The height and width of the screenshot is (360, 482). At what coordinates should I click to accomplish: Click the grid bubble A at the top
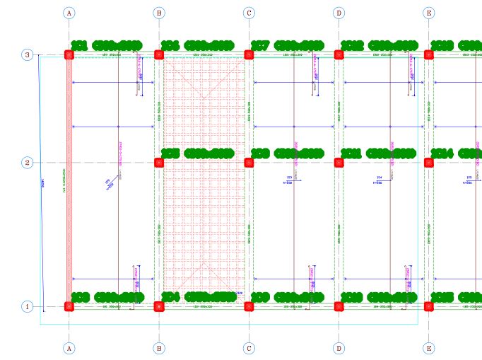69,13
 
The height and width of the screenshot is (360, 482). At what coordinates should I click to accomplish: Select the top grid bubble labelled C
249,13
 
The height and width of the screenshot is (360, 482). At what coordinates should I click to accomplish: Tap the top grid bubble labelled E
429,13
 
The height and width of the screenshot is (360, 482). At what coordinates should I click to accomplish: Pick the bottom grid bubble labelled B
159,348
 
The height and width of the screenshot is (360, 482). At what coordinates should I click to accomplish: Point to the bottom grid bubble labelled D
339,348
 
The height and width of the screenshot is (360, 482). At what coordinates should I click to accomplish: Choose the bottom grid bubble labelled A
69,348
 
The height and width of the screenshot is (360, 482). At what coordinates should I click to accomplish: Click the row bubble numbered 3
27,55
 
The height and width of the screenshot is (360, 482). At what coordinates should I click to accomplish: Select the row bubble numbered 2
27,163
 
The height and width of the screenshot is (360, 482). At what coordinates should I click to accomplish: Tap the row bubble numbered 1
27,307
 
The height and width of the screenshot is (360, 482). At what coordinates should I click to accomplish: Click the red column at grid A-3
69,55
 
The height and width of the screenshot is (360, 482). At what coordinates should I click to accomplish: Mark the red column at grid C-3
249,55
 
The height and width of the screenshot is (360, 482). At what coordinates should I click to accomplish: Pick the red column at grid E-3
429,55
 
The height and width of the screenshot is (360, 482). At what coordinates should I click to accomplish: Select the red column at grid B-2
159,163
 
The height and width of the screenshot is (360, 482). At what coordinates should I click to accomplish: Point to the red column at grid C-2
249,163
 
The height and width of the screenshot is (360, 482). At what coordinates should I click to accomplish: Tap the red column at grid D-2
339,163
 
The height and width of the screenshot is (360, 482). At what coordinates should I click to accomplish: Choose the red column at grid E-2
429,163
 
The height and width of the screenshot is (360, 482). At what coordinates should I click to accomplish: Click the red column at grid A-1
69,307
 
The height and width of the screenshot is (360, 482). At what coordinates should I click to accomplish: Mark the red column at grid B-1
159,307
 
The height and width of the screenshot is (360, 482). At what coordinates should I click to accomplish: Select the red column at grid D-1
339,307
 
